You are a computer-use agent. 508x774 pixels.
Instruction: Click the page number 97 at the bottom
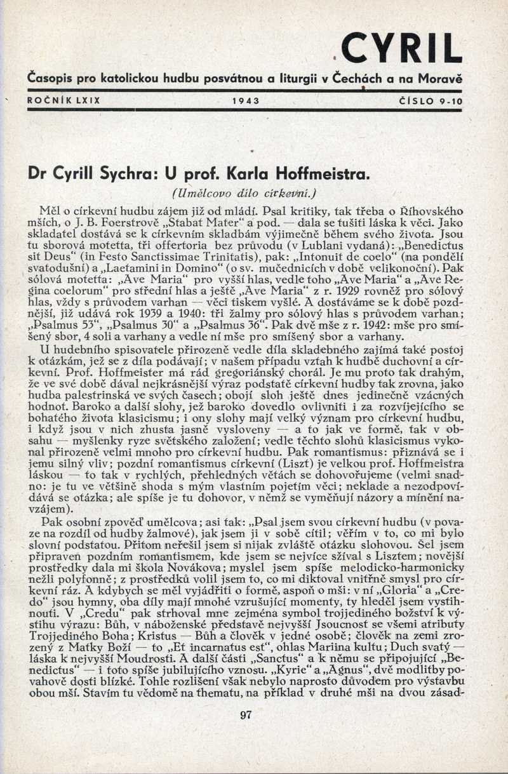tap(247, 716)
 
